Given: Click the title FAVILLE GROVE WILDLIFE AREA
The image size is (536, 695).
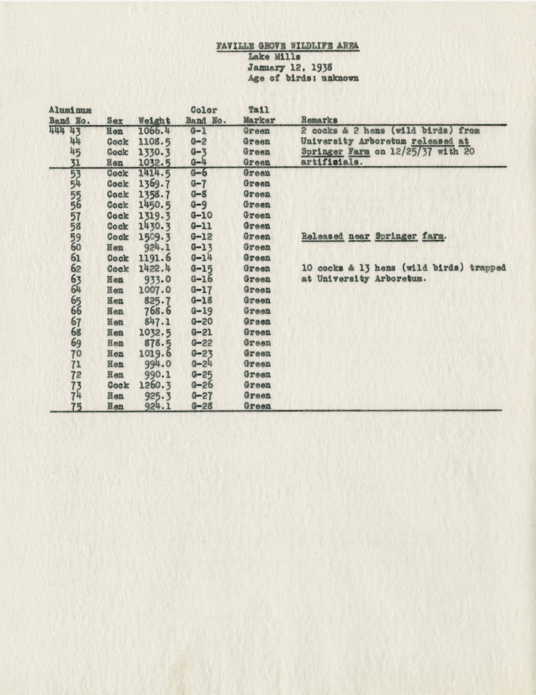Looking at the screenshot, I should [288, 46].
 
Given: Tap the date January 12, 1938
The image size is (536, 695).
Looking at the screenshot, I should [290, 68].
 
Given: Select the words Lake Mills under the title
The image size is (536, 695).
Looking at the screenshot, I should [274, 57].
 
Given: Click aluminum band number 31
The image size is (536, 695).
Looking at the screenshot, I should [76, 163].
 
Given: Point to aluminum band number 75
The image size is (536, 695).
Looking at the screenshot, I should [76, 407].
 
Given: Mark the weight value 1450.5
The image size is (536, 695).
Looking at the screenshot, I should [155, 205].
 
